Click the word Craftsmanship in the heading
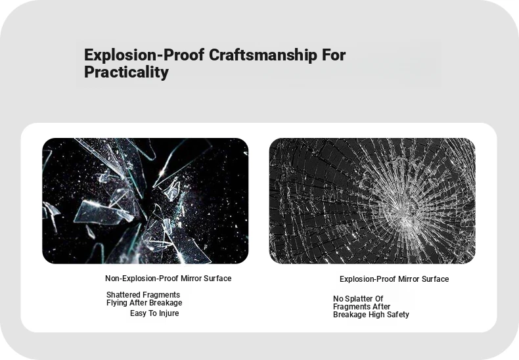coord(263,55)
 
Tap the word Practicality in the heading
coord(126,72)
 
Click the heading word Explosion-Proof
coord(144,55)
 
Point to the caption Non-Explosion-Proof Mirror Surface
coord(168,279)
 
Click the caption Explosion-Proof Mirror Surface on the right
coord(394,279)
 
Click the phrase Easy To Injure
coord(154,313)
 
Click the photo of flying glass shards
coord(145,201)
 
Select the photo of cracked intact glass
coord(372,201)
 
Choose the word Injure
coord(169,313)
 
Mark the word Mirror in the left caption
coord(191,279)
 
